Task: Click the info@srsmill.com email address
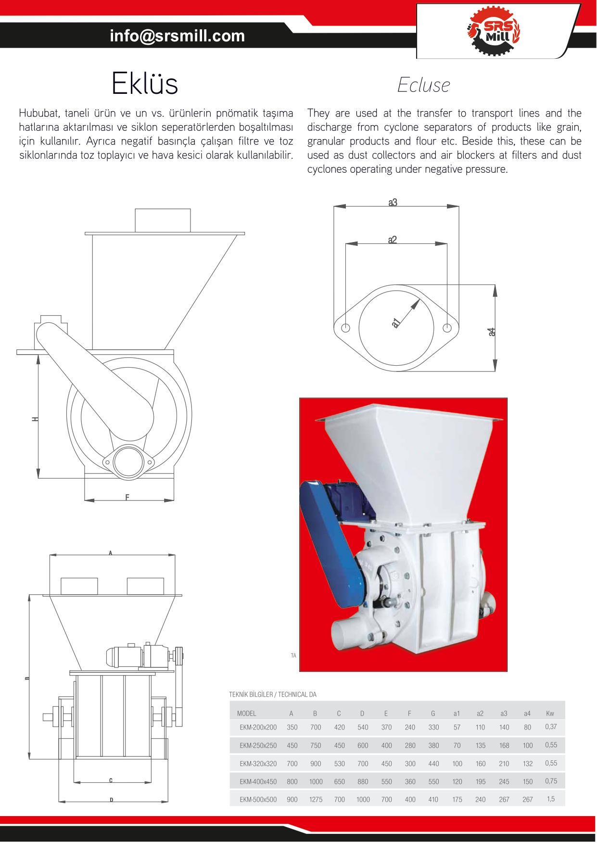tap(177, 36)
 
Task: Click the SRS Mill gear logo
tap(494, 31)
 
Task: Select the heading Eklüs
tap(145, 84)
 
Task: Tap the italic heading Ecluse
tap(423, 85)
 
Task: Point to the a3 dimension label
tap(393, 203)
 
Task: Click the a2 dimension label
tap(393, 240)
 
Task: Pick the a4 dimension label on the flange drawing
tap(491, 332)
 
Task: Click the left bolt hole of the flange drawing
tap(345, 328)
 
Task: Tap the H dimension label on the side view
tap(35, 419)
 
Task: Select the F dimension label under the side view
tap(127, 497)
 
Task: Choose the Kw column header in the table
tap(550, 714)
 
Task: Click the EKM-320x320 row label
tap(258, 764)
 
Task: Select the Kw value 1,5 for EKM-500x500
tap(551, 799)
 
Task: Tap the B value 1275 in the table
tap(316, 799)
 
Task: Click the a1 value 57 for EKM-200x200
tap(457, 728)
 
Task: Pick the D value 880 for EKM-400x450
tap(363, 781)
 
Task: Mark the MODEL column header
tap(246, 714)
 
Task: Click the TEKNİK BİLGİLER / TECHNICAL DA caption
tap(273, 694)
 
